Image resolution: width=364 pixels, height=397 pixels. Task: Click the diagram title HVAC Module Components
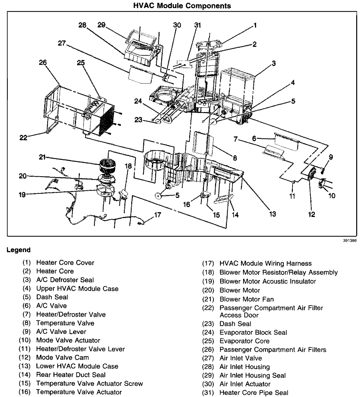pos(182,6)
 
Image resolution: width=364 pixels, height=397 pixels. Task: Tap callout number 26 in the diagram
pos(43,62)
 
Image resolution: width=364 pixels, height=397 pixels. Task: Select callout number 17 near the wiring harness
pos(158,215)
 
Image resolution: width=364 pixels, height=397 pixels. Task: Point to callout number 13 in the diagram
pos(272,213)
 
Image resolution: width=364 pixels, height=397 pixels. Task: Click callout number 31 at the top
pos(198,25)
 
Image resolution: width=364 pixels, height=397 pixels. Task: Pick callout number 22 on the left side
pos(23,138)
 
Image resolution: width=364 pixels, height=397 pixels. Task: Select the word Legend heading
pos(19,250)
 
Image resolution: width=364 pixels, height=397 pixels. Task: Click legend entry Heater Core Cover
pos(65,263)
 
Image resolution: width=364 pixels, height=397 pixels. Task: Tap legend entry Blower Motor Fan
pos(247,299)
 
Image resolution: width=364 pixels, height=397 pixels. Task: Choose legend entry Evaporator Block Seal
pos(253,332)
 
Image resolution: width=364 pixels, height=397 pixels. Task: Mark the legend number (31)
pos(208,393)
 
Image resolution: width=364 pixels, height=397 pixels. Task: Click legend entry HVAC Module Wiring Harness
pos(266,263)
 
